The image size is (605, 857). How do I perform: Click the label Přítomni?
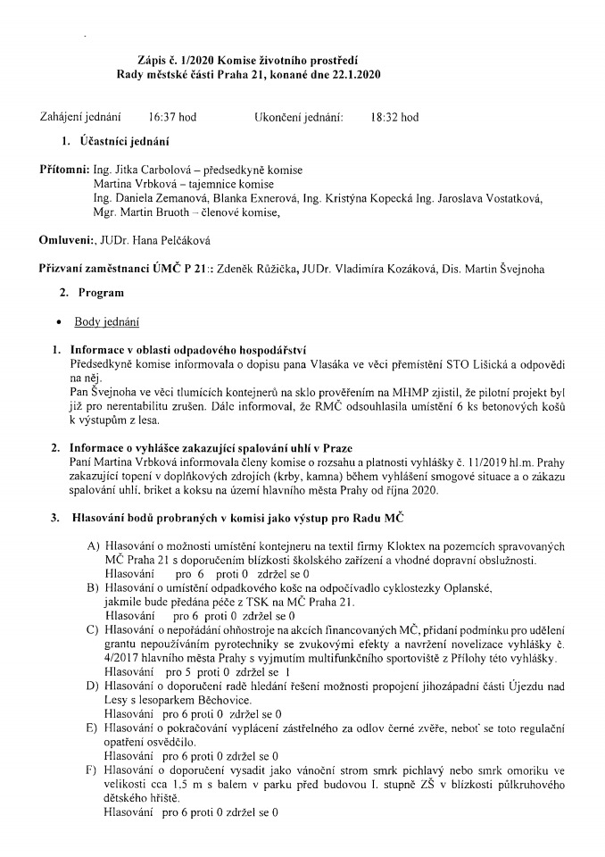click(x=64, y=170)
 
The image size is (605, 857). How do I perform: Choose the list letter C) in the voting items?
click(x=92, y=631)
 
